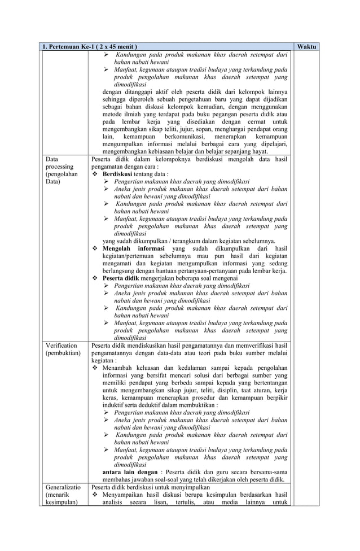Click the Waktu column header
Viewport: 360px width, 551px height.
306,46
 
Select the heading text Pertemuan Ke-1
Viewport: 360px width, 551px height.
71,46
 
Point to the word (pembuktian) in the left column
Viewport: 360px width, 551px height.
63,353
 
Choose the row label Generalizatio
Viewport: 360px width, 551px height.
63,486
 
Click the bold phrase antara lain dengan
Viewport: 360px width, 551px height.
130,471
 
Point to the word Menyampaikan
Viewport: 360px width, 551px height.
125,495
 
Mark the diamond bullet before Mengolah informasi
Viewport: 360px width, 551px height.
95,248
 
